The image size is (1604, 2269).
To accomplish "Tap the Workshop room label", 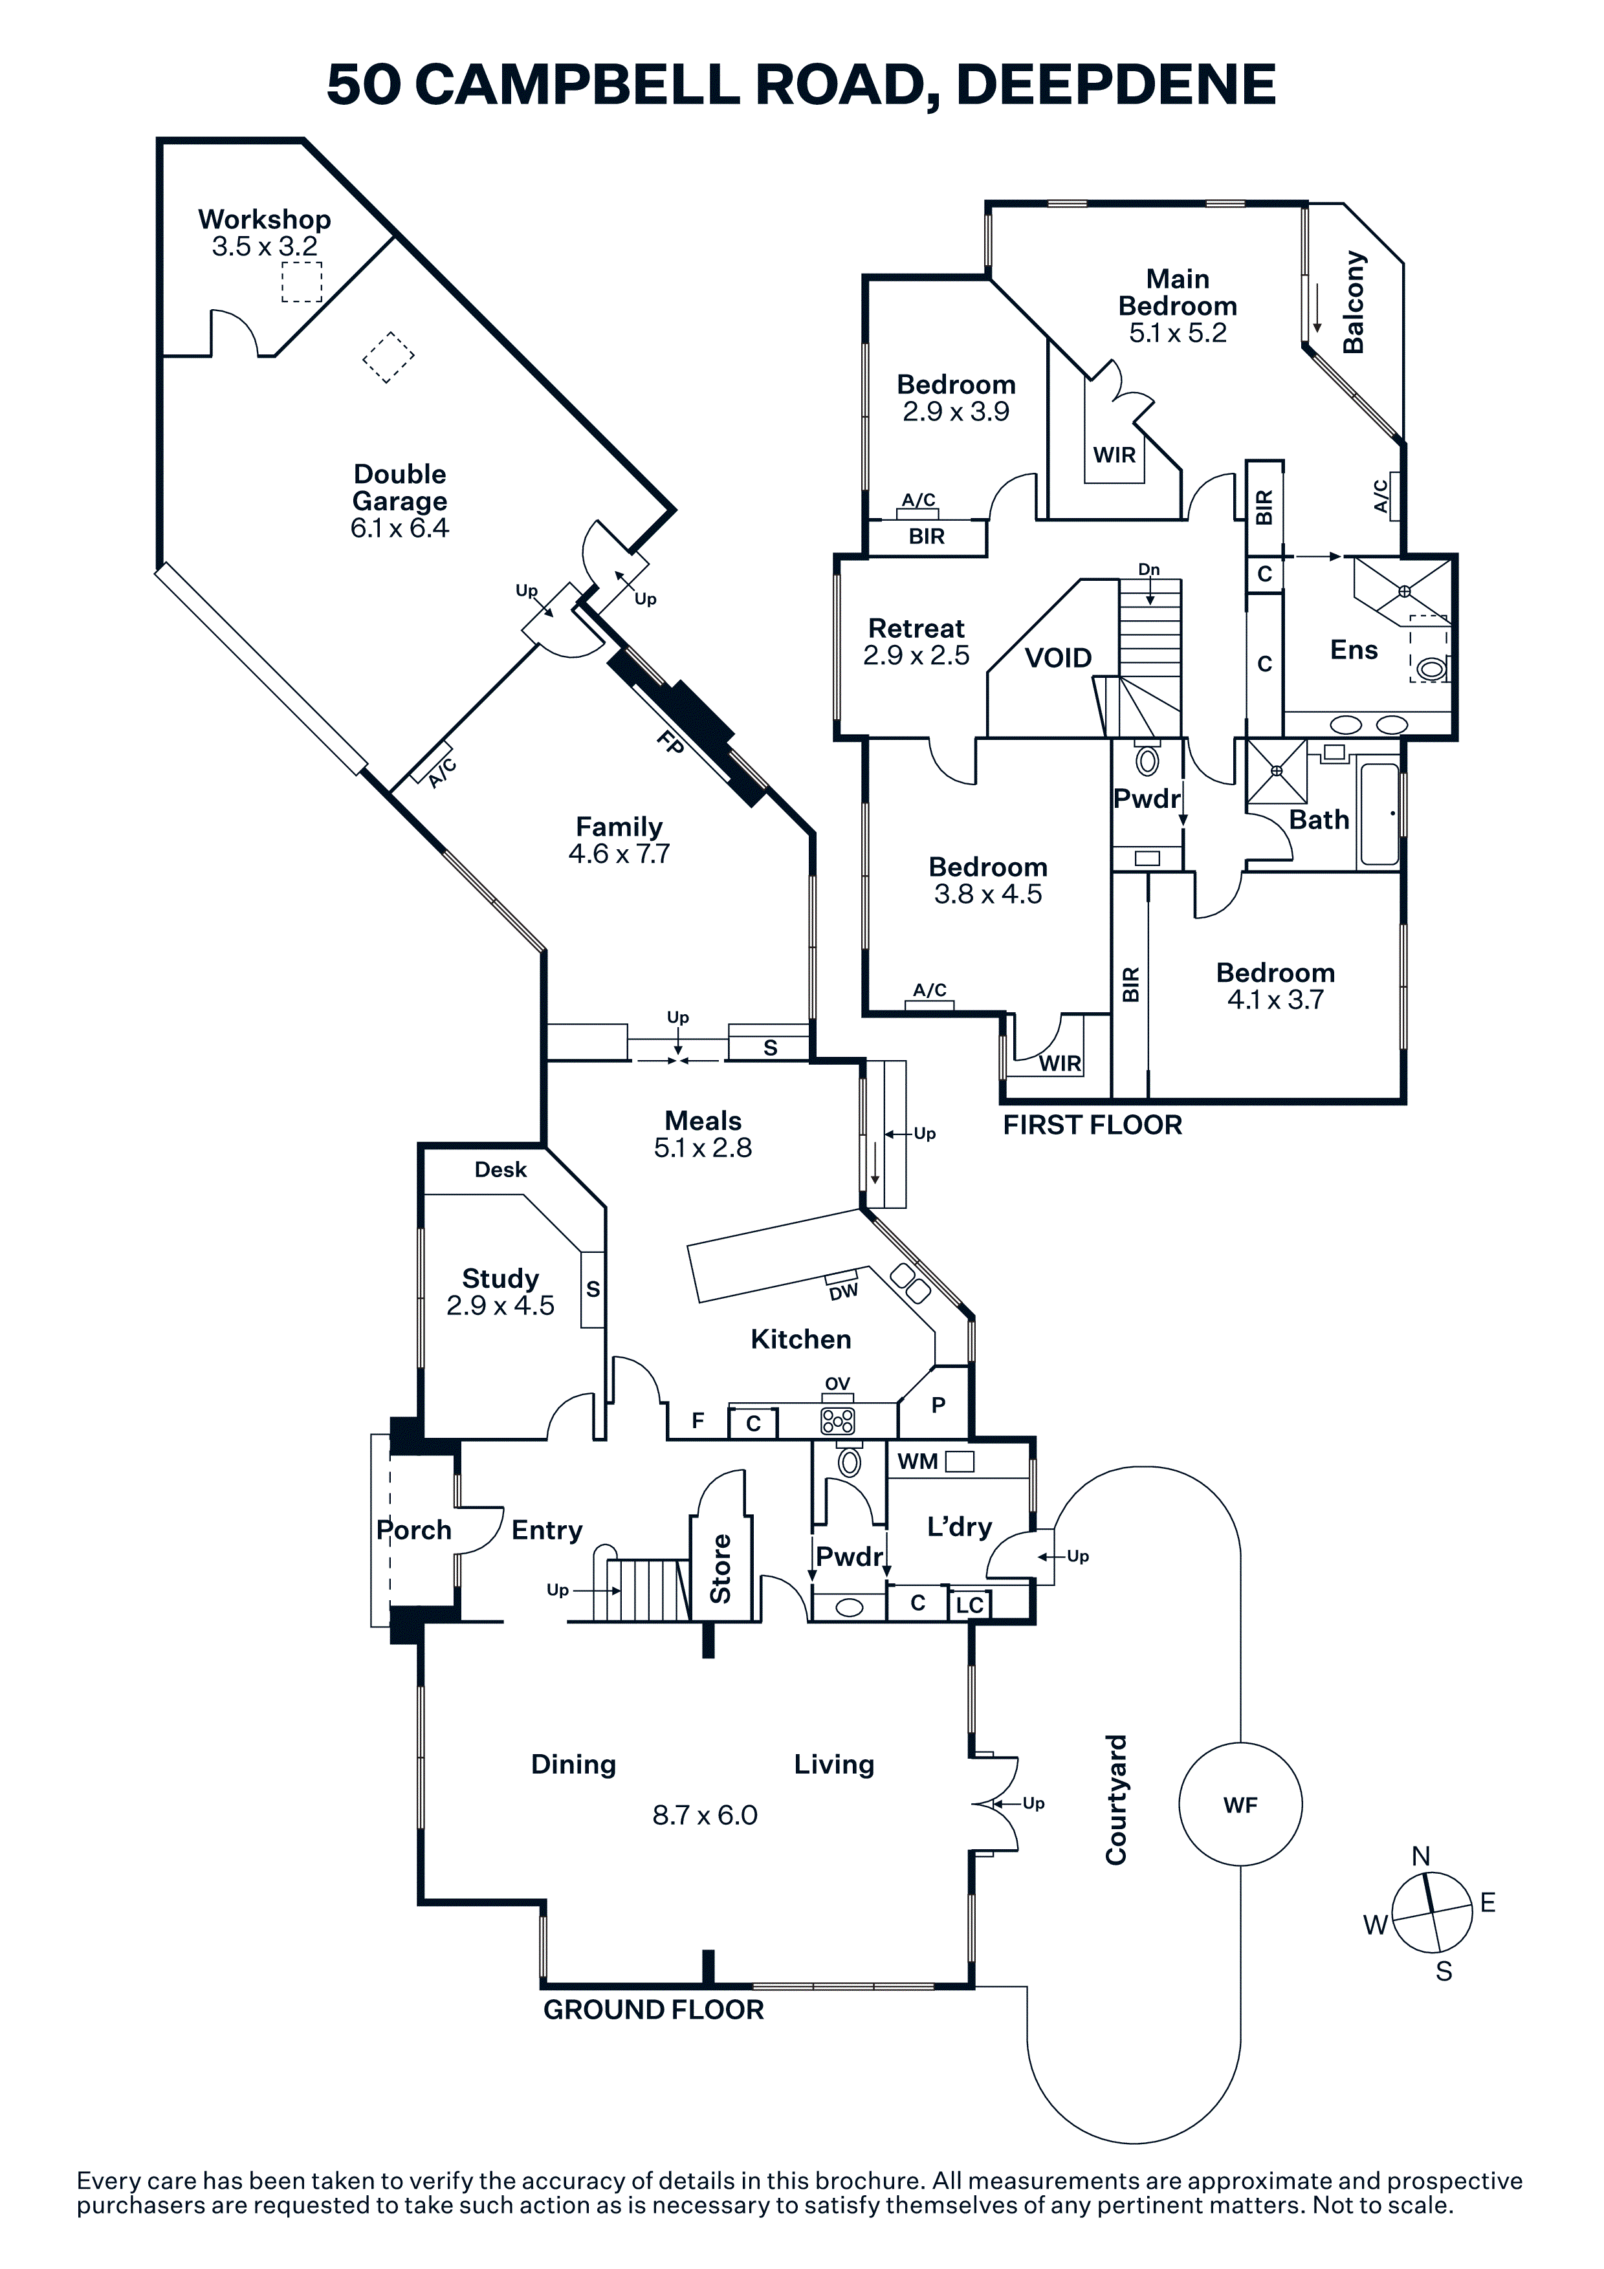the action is pos(264,219).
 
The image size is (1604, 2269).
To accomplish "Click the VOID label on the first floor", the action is pos(1057,658).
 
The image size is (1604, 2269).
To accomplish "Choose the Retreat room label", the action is pos(916,629).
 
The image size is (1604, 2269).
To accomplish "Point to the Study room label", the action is pos(500,1279).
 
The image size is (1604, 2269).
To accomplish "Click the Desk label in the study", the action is pos(500,1170).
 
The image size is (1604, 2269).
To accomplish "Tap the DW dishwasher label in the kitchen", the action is pos(843,1292).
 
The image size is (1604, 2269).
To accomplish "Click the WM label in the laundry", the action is pos(917,1462).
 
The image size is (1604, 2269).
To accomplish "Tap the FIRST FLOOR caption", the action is pos(1092,1125).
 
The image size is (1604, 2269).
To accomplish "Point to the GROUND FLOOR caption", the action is pos(654,2010).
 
